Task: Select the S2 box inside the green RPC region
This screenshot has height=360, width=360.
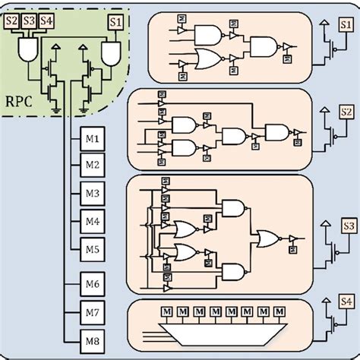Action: [x=11, y=21]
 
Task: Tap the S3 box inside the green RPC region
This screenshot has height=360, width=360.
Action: [x=29, y=21]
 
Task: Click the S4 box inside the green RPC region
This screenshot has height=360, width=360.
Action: [x=46, y=21]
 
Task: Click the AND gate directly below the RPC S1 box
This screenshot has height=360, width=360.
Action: [x=112, y=52]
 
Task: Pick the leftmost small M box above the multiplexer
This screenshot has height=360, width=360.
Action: [x=163, y=311]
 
